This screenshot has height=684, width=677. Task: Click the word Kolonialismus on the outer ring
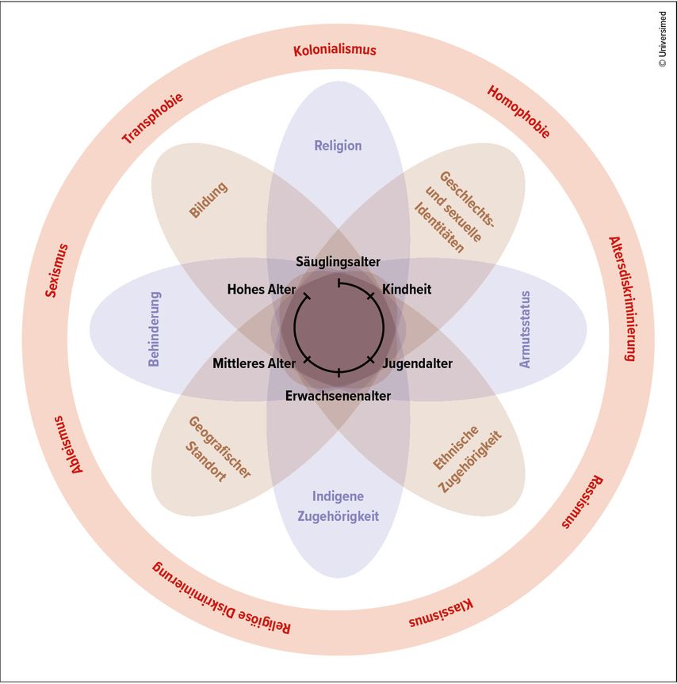(335, 51)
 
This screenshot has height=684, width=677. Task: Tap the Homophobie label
(518, 112)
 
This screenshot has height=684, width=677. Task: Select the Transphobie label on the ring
(152, 119)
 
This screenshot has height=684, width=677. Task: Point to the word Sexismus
(56, 270)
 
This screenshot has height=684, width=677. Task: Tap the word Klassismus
(442, 614)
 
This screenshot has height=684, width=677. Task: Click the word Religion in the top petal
(338, 146)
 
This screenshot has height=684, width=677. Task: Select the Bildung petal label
(208, 200)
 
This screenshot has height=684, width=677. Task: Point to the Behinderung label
(155, 329)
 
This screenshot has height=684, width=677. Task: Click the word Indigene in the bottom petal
(338, 496)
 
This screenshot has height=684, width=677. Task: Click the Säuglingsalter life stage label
(338, 261)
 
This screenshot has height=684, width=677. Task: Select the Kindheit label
(407, 289)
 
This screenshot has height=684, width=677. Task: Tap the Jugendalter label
(417, 364)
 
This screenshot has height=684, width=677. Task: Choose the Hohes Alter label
(261, 289)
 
